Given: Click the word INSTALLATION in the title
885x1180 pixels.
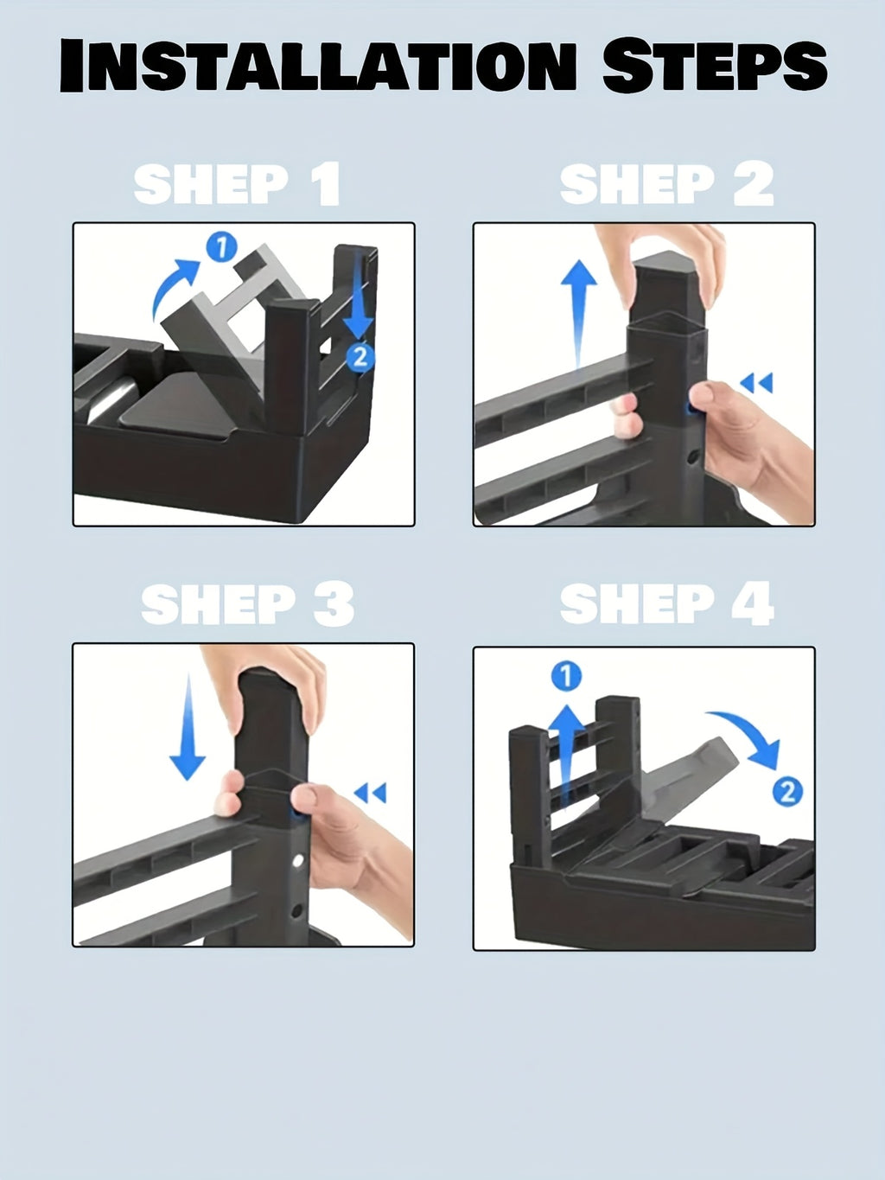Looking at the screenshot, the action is pos(317,65).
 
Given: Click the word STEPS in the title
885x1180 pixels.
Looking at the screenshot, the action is pos(715,65).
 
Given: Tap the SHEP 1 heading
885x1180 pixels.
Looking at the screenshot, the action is pos(237,184).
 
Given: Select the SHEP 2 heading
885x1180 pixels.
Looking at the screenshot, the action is pos(667,184).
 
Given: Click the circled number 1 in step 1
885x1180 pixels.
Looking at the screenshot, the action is pos(222,248).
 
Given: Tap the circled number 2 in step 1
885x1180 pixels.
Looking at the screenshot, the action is pos(360,357).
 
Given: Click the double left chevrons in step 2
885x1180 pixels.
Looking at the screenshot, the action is pos(756,383).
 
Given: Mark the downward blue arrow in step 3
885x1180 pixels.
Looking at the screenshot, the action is pos(188,727).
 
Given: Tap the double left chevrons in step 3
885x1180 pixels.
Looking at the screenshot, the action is pos(370,793).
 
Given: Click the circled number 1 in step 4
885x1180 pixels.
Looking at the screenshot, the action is pos(566,676).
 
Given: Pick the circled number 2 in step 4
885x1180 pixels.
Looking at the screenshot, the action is pos(787,793).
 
